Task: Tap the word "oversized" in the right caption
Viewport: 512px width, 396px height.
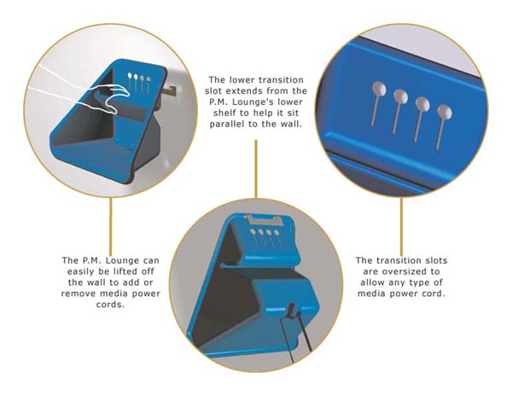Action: (402, 271)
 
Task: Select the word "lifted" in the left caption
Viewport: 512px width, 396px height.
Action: (125, 271)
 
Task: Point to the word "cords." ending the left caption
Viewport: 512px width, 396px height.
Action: (110, 305)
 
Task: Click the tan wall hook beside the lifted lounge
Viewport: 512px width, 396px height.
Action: (168, 91)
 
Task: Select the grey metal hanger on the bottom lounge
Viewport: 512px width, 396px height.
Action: (263, 219)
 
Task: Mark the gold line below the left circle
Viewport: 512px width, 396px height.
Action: (111, 226)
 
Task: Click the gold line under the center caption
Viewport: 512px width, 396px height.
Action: (256, 169)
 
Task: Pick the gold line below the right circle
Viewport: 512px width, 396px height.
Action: (401, 226)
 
